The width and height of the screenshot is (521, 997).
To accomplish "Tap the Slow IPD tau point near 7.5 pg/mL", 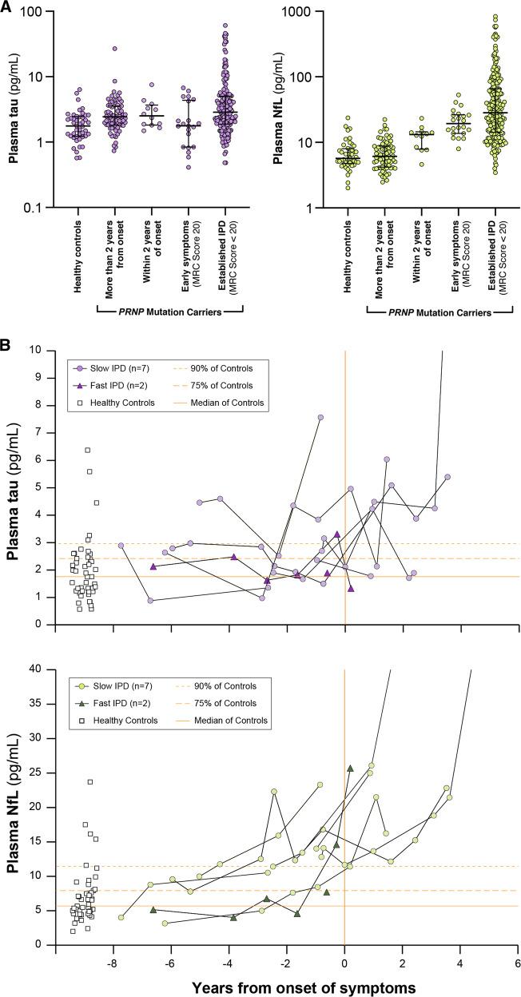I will pyautogui.click(x=320, y=417).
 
